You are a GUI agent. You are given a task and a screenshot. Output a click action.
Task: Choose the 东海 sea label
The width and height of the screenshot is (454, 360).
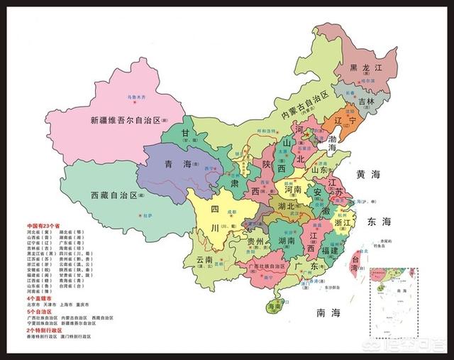(x=380, y=222)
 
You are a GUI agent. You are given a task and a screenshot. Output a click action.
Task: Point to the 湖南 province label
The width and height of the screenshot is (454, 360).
(x=282, y=241)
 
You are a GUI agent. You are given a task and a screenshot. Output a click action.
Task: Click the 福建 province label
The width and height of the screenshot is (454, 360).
(x=333, y=250)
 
